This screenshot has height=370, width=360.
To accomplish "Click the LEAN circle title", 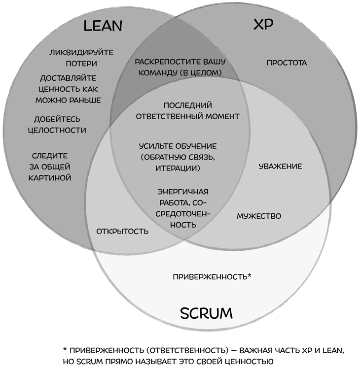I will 103,26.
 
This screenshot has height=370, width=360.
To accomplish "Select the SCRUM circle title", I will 206,313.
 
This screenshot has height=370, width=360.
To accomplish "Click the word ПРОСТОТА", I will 287,63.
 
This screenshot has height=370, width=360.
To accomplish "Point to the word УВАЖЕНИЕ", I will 280,166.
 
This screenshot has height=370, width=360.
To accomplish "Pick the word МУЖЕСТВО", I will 259,216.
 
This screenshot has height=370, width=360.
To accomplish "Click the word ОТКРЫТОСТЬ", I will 122,231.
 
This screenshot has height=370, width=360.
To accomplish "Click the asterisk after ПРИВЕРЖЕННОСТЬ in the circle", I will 250,274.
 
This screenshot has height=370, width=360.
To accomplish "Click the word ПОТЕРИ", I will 81,64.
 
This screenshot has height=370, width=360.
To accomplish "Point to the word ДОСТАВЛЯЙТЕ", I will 68,78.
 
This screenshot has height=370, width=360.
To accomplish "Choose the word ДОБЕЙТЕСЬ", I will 57,119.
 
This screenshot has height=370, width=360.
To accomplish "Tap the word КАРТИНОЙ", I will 53,177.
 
